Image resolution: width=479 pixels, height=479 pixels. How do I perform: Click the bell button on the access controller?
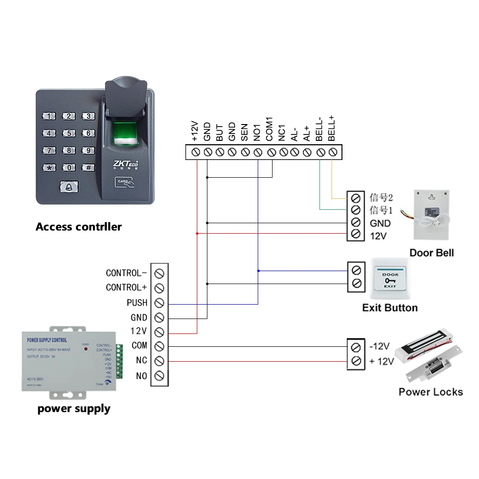tap(68, 187)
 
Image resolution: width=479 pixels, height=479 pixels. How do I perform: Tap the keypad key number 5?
tap(69, 133)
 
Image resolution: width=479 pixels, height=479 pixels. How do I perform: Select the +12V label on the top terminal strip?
tap(195, 131)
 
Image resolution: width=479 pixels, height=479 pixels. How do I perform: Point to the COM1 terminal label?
tap(269, 129)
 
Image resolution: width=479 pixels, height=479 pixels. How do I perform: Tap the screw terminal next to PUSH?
tap(160, 303)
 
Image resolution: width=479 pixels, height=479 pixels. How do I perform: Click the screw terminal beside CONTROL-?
tap(160, 273)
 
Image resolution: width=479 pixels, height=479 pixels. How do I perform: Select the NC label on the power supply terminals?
tap(141, 360)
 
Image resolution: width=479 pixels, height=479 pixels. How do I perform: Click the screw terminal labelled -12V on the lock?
tap(355, 347)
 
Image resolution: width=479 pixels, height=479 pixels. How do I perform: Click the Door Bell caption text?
tap(431, 253)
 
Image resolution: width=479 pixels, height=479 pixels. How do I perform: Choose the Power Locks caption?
tap(431, 392)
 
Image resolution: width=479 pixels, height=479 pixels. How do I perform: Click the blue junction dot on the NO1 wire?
tap(258, 271)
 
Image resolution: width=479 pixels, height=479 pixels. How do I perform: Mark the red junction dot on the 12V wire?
tap(197, 233)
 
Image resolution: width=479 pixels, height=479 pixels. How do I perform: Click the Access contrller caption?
tap(79, 227)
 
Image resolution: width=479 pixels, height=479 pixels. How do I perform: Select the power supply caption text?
tap(74, 409)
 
